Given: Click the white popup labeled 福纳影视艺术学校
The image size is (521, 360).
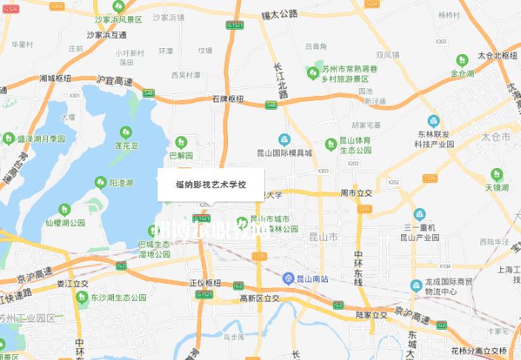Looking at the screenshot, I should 210,184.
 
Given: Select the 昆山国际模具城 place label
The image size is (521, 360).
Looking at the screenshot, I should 284,153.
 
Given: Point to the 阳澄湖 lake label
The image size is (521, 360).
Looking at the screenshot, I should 121,182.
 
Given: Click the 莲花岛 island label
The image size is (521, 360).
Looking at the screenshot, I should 126,145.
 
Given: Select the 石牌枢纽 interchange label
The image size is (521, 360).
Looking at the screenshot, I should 227,99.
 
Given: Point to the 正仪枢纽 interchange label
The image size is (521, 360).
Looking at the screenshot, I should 205,282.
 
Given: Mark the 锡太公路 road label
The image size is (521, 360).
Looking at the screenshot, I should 279,14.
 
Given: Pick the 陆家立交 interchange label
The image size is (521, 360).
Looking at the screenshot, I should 371,315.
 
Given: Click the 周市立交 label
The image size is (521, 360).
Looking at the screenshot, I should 355,193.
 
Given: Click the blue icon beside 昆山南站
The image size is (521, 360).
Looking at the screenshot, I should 289,278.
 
